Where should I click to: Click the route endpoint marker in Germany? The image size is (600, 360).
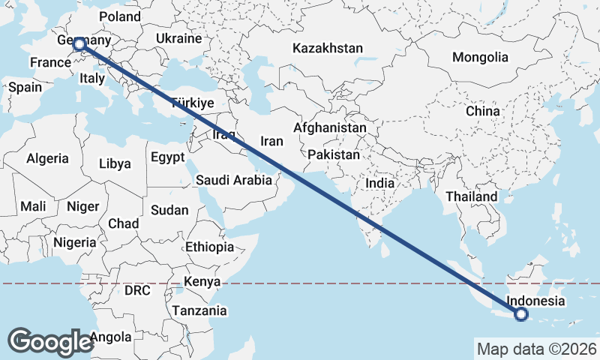click(x=79, y=45)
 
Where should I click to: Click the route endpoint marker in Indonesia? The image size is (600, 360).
click(x=521, y=315)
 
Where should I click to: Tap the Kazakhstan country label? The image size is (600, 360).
click(x=328, y=48)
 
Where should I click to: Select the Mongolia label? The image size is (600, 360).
click(x=480, y=58)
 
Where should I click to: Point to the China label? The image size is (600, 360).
click(x=481, y=111)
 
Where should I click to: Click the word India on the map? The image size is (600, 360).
click(x=379, y=182)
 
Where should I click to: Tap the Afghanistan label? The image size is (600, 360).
click(x=329, y=128)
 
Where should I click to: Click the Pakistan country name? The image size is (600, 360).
click(x=334, y=154)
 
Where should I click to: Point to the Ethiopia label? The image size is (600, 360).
click(x=209, y=247)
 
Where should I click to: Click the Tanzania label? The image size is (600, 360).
click(x=199, y=310)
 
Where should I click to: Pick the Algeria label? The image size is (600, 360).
click(x=47, y=159)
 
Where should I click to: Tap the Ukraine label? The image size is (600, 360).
click(x=178, y=38)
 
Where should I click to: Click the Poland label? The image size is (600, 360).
click(x=119, y=16)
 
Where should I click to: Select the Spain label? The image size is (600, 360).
click(x=25, y=87)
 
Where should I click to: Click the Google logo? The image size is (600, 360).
click(x=50, y=341)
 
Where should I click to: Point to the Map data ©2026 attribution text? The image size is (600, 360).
click(x=536, y=349)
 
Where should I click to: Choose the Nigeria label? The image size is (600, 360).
click(x=75, y=242)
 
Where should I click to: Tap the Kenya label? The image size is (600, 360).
click(x=202, y=282)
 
